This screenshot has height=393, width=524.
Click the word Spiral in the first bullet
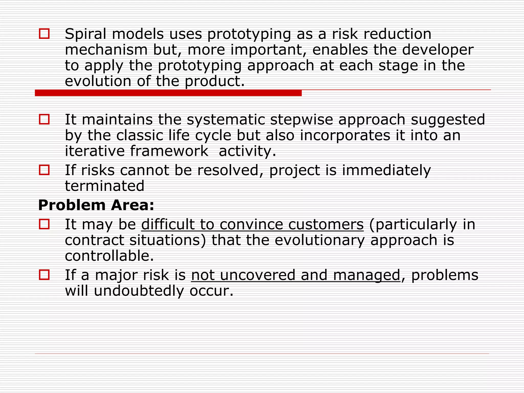coord(85,35)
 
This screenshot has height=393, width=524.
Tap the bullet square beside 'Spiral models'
coord(44,34)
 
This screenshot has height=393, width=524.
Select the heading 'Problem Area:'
coord(96,205)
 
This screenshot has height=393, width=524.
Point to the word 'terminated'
coord(104,186)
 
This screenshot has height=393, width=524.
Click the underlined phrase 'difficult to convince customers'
coord(252,225)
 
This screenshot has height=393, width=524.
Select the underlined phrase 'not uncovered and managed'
coord(296,275)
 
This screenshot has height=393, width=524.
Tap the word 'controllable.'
coord(110,256)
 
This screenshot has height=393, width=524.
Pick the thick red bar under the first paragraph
coord(168,93)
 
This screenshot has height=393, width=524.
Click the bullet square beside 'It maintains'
coord(44,119)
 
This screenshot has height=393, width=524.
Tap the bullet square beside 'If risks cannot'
coord(44,170)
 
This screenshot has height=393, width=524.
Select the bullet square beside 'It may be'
coord(44,224)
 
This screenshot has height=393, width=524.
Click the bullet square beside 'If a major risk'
coord(44,275)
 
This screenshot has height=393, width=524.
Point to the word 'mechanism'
coord(106,50)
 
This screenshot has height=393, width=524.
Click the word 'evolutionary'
coord(319,241)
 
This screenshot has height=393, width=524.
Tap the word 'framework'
coord(169,151)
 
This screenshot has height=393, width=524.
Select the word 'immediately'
coord(386,171)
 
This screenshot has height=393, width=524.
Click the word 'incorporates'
coord(345,135)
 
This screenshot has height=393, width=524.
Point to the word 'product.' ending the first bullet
coord(215,82)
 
